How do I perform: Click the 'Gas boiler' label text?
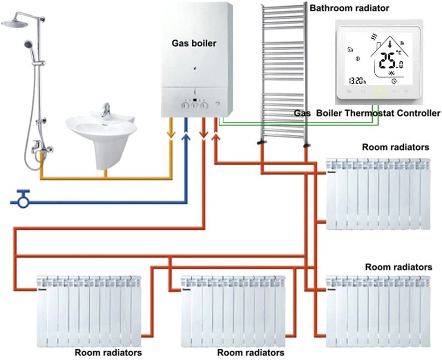click(194, 43)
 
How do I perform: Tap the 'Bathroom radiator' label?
click(349, 8)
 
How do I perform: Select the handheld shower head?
click(29, 44)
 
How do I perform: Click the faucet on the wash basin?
click(105, 110)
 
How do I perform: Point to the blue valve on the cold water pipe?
click(23, 199)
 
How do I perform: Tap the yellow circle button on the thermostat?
click(380, 92)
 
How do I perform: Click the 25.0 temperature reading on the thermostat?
click(391, 61)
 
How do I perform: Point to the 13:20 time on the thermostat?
click(358, 81)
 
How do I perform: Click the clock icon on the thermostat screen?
click(394, 81)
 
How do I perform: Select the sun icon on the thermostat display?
click(392, 73)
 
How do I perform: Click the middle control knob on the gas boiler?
click(195, 106)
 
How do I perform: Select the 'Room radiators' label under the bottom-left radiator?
click(108, 353)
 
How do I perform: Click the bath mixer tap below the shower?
click(42, 147)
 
